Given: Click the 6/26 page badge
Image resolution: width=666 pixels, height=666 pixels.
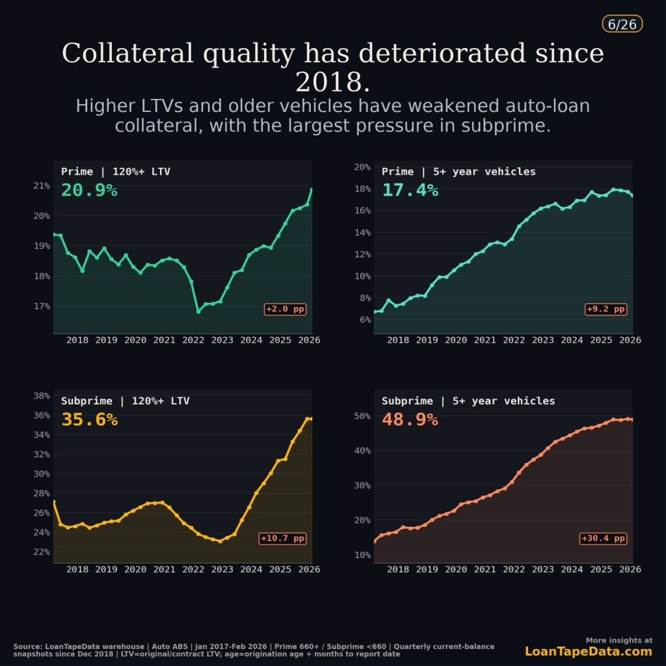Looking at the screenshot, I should (622, 24).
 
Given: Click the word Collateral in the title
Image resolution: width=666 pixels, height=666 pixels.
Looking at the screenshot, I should (127, 53).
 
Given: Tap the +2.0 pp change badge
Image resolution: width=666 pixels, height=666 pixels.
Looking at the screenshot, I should (285, 310).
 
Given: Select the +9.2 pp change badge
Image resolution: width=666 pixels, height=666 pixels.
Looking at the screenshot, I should (606, 310).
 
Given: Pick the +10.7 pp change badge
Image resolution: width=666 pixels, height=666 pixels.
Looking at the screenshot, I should (282, 539).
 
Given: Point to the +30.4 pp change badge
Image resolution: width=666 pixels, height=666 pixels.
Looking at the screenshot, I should (603, 539).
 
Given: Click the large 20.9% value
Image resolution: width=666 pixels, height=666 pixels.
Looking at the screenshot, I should (89, 191).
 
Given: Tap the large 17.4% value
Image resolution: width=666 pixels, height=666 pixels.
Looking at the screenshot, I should (410, 191).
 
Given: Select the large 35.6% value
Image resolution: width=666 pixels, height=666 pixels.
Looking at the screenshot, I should (89, 420).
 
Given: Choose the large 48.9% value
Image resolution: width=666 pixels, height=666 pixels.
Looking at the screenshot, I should (410, 420).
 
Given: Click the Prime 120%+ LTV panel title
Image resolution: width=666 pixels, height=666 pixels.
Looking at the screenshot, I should (116, 172).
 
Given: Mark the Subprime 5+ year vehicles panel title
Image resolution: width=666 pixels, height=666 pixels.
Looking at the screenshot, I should (468, 401).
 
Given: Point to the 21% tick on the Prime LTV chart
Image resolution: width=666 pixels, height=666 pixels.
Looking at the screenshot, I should (42, 186).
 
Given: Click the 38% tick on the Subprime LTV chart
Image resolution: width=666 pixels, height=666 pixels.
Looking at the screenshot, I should (42, 395).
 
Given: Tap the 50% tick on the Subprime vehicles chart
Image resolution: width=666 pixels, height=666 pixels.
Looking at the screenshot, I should (362, 416).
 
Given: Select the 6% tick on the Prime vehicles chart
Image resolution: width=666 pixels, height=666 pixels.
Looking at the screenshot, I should (365, 320).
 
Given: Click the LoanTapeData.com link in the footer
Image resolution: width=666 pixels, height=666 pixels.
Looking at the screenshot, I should (588, 652).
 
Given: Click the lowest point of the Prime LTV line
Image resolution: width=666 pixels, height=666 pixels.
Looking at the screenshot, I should (198, 312).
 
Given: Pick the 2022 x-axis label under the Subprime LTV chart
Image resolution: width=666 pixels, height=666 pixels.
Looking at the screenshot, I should (193, 570).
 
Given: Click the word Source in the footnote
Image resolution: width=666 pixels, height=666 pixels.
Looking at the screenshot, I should (27, 647).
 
